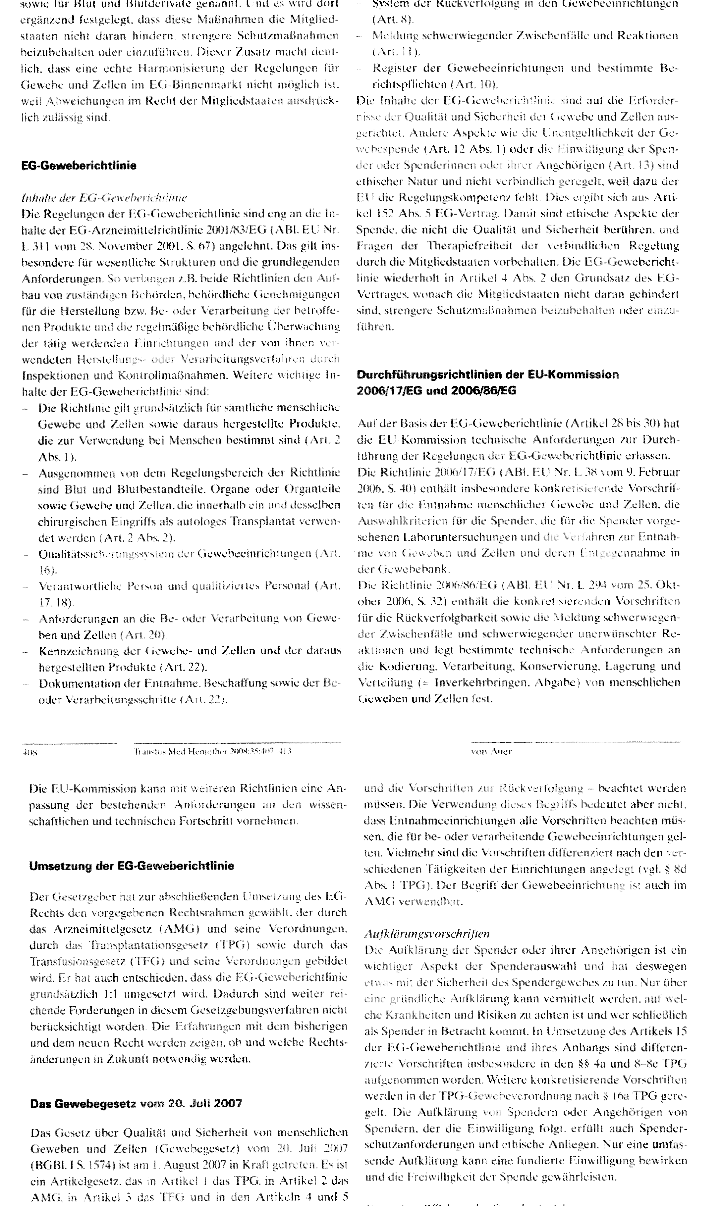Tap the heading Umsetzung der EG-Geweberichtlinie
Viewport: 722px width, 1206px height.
(131, 866)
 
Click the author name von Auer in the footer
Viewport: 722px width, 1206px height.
(491, 751)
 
